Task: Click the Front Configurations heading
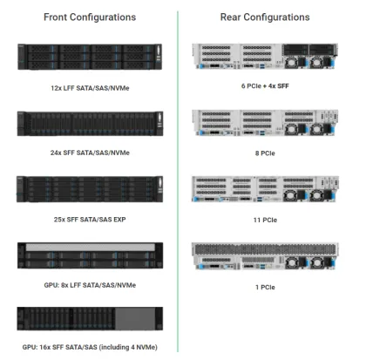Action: coord(89,17)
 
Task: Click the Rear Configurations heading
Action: coord(263,17)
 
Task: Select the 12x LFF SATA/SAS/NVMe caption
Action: coord(89,88)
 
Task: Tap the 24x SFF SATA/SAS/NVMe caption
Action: coord(89,153)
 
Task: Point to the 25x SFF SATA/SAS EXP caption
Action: coord(89,219)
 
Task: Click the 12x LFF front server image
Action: coord(90,58)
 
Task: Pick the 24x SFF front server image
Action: coord(90,123)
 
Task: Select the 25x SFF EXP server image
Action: coord(90,189)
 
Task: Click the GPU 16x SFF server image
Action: coord(90,319)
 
